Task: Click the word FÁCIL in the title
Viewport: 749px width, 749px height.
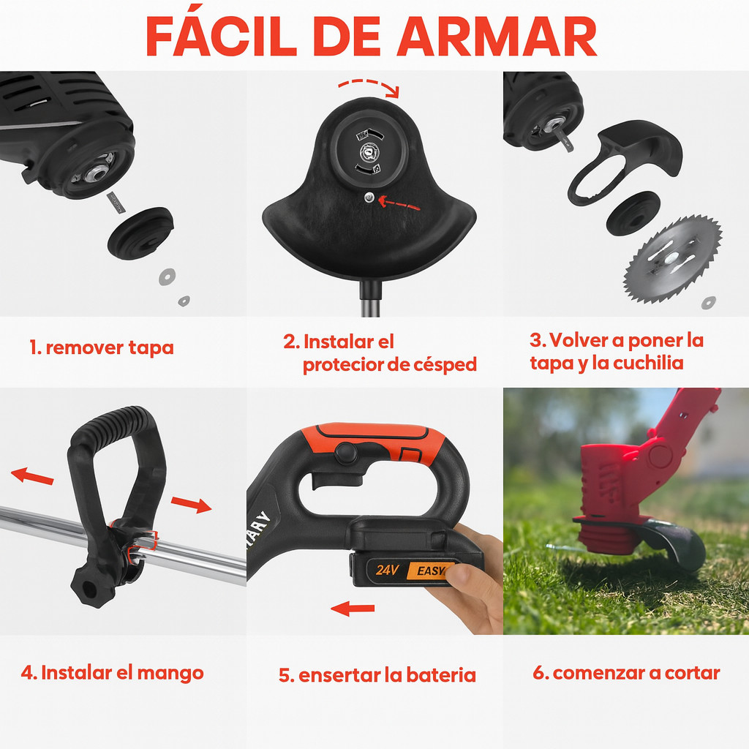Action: pyautogui.click(x=222, y=37)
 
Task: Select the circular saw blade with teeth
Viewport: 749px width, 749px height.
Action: pyautogui.click(x=673, y=260)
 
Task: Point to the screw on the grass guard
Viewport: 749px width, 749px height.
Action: pyautogui.click(x=369, y=197)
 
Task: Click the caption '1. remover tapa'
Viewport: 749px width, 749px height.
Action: pyautogui.click(x=101, y=347)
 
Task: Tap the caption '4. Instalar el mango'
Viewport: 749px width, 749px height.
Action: pyautogui.click(x=112, y=673)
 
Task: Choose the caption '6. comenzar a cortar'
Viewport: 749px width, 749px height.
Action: pyautogui.click(x=626, y=673)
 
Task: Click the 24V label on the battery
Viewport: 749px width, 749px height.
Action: pyautogui.click(x=387, y=570)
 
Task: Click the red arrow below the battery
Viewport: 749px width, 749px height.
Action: pyautogui.click(x=353, y=609)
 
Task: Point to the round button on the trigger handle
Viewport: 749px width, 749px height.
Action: pyautogui.click(x=346, y=453)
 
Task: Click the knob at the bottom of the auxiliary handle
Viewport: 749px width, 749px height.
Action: pyautogui.click(x=93, y=584)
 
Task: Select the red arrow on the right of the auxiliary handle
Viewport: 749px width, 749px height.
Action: pyautogui.click(x=191, y=505)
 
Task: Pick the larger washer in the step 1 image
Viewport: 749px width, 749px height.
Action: pyautogui.click(x=168, y=276)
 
